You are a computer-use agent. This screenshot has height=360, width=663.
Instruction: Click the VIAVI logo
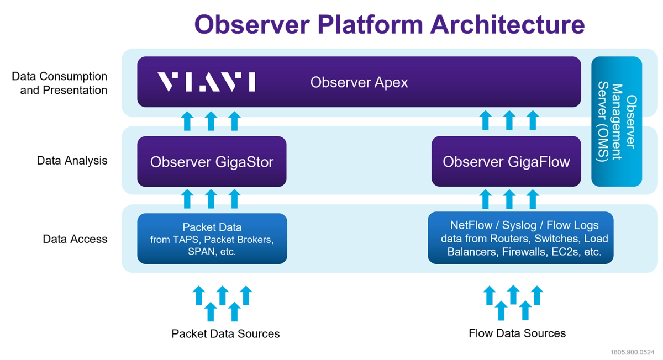pyautogui.click(x=206, y=82)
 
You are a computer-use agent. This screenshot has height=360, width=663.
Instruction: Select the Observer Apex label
pyautogui.click(x=359, y=82)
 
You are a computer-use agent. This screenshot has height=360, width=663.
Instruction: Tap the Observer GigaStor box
pyautogui.click(x=212, y=162)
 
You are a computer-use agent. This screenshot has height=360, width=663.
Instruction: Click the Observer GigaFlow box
pyautogui.click(x=506, y=161)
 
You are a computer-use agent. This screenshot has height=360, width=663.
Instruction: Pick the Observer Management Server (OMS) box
pyautogui.click(x=617, y=121)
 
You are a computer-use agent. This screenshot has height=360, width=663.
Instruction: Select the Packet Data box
pyautogui.click(x=212, y=239)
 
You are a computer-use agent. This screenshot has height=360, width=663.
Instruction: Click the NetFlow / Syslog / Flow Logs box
pyautogui.click(x=520, y=238)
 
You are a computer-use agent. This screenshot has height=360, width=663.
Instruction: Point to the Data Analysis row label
pyautogui.click(x=72, y=161)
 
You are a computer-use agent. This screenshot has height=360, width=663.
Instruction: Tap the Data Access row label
pyautogui.click(x=75, y=239)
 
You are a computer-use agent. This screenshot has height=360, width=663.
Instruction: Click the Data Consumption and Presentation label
pyautogui.click(x=60, y=83)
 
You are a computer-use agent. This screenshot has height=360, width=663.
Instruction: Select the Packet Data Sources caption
pyautogui.click(x=225, y=333)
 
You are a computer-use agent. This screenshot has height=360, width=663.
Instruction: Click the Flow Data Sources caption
pyautogui.click(x=517, y=333)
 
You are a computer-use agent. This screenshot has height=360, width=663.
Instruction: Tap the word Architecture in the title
pyautogui.click(x=507, y=24)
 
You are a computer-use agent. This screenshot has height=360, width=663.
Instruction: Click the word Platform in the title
pyautogui.click(x=370, y=24)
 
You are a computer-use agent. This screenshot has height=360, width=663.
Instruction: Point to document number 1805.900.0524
pyautogui.click(x=632, y=352)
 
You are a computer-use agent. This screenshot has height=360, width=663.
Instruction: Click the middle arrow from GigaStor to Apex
pyautogui.click(x=211, y=121)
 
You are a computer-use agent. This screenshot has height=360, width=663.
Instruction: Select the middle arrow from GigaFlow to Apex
pyautogui.click(x=509, y=120)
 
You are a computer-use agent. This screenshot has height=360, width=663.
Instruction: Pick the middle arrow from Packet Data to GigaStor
pyautogui.click(x=211, y=199)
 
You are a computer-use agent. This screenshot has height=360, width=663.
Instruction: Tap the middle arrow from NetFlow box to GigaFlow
pyautogui.click(x=509, y=199)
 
